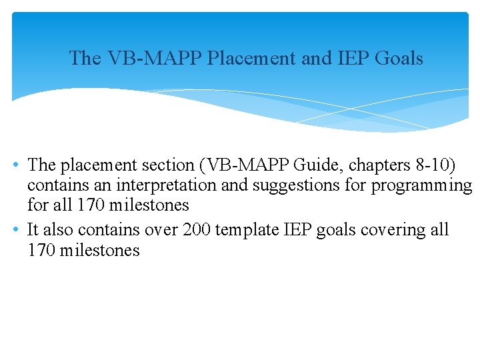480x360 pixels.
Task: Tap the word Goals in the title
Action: pos(399,59)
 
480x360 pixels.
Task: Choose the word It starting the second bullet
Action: pos(33,230)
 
